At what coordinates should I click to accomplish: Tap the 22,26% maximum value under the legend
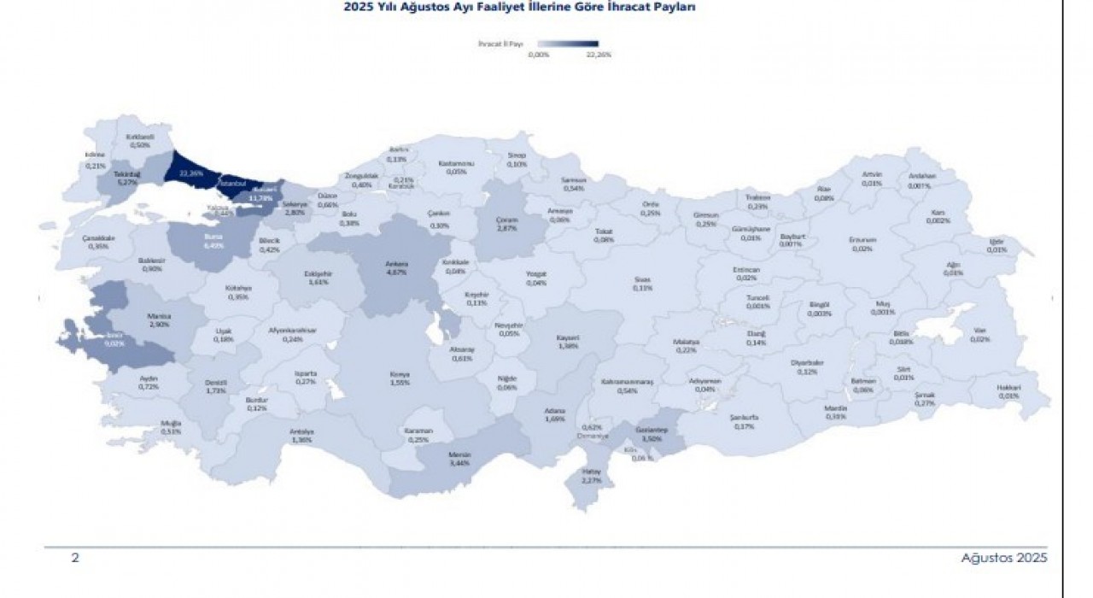click(x=599, y=55)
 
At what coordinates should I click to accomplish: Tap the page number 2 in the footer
click(x=75, y=558)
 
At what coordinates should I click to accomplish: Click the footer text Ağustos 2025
click(x=1004, y=558)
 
